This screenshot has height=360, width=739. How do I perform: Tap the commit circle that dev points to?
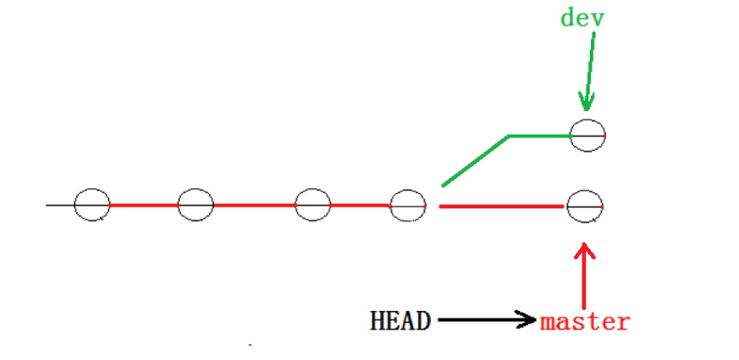[587, 136]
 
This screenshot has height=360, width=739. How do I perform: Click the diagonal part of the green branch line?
[474, 160]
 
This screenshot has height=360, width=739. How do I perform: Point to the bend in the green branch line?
[508, 136]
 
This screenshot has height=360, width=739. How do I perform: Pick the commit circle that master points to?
[584, 206]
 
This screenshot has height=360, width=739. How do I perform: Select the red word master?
[585, 322]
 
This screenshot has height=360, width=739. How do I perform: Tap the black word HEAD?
[400, 321]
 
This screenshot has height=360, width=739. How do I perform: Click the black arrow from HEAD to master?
[483, 320]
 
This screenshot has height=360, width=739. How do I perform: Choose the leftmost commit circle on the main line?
[91, 205]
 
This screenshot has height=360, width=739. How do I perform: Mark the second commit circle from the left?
[196, 205]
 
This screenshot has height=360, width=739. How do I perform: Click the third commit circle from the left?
[312, 205]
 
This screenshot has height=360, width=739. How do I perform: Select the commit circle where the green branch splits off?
[407, 205]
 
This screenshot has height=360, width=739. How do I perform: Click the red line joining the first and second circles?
[144, 205]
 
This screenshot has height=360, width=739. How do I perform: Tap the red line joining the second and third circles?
[254, 205]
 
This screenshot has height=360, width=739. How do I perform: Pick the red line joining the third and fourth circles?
[360, 205]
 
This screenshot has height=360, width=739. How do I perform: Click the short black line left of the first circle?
[60, 205]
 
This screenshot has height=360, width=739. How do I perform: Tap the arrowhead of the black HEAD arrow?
[528, 320]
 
